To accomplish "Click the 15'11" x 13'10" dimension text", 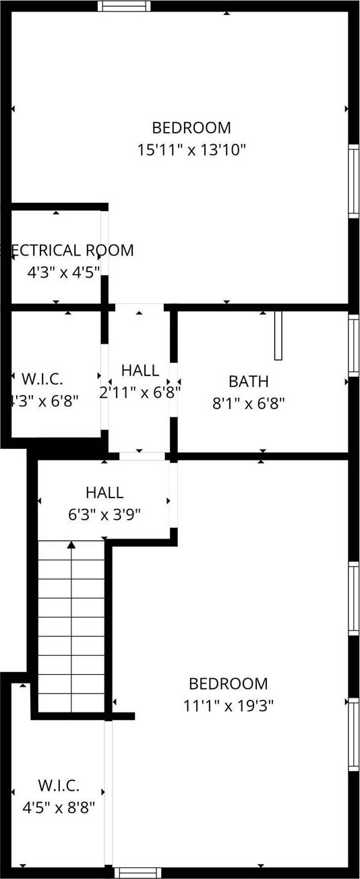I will coord(191,150).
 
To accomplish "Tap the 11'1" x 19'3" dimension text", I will coord(228,706).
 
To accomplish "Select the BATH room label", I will coord(249,382).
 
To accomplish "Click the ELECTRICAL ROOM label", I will coord(67,251).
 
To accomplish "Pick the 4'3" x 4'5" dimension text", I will coord(63,272).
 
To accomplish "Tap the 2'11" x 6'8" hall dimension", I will coord(140,392).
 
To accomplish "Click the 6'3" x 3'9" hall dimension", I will coord(104,514).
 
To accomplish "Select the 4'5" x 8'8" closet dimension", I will coord(59,807).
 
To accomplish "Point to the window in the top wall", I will coord(124,6).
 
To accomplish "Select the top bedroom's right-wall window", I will coord(353,180).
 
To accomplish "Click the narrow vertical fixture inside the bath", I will coord(278,335).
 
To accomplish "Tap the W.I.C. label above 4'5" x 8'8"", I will coord(59,785).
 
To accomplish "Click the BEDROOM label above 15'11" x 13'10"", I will coord(191,127).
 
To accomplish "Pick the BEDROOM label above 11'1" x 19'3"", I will coord(228,684).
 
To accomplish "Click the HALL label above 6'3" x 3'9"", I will coord(104,493).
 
